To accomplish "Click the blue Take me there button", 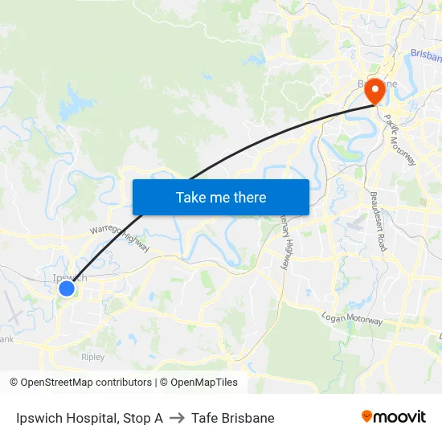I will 220,197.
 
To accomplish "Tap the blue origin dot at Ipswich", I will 67,288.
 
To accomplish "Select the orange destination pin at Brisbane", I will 374,92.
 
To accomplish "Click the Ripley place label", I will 92,356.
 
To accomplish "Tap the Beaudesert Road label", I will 379,221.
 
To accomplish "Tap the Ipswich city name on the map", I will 68,277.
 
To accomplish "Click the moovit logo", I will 394,416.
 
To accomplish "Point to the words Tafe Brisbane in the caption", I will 233,418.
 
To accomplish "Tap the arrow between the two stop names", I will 177,418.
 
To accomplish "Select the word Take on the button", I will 190,197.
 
